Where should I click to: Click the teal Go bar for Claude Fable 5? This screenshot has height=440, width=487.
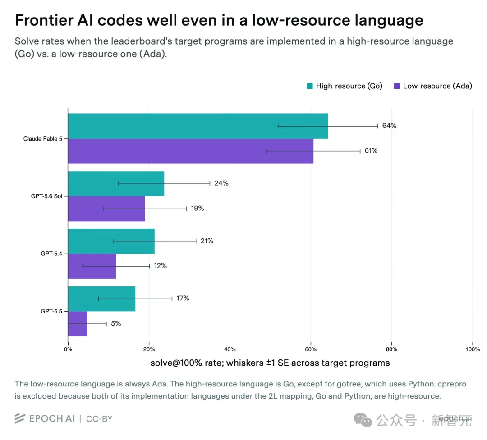198,126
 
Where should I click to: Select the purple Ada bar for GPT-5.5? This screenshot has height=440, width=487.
78,324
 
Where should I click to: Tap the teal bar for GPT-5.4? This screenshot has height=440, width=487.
111,241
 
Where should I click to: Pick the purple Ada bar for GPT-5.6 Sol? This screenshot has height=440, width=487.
106,209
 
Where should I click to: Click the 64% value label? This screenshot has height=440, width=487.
389,126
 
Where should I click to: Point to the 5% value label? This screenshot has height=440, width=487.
116,324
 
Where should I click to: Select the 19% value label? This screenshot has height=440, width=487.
198,209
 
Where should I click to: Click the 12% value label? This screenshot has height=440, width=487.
160,266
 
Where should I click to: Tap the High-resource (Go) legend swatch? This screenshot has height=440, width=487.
310,86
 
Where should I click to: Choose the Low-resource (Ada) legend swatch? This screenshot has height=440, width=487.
397,86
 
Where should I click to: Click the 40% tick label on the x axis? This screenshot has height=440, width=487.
230,349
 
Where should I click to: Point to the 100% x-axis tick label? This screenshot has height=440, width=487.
473,349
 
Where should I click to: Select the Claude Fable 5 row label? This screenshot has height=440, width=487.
43,139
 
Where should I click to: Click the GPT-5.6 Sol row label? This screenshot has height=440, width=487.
46,196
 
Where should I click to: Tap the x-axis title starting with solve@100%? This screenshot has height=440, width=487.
270,363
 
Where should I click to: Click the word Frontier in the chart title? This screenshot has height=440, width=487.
44,20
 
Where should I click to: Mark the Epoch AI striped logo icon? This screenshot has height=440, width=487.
20,418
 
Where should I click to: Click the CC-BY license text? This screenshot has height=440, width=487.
99,419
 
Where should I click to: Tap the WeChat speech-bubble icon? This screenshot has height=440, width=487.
363,420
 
